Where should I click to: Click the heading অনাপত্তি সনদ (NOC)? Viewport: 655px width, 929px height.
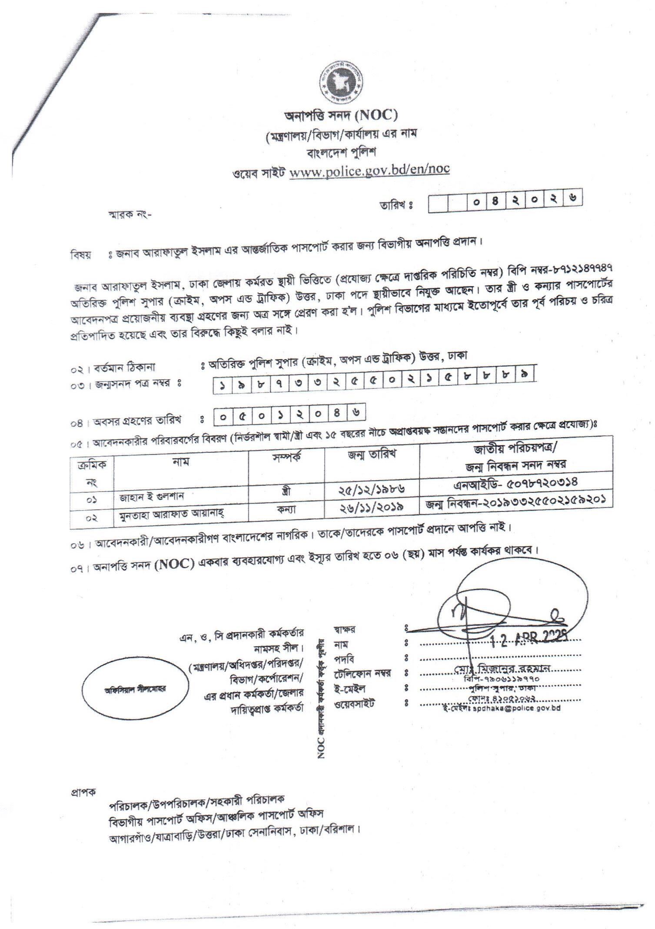pos(341,115)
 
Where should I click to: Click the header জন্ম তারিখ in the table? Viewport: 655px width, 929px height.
pos(372,454)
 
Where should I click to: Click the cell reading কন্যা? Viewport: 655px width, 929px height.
pos(287,509)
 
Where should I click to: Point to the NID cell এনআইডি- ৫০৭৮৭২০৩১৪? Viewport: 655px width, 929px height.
pos(515,482)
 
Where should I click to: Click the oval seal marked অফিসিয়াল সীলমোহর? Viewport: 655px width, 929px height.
pos(135,689)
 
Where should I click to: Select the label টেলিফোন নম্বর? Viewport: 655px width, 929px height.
pos(362,674)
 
